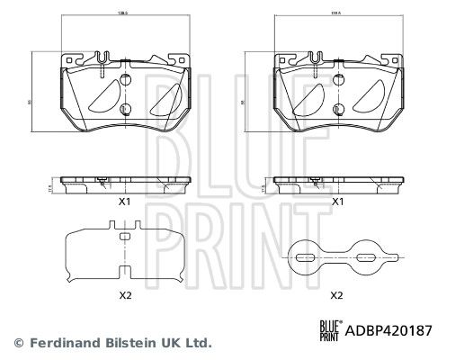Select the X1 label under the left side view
(x=126, y=203)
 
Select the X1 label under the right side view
(x=338, y=203)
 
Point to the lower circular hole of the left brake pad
(x=126, y=112)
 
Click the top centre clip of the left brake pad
(x=106, y=61)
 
